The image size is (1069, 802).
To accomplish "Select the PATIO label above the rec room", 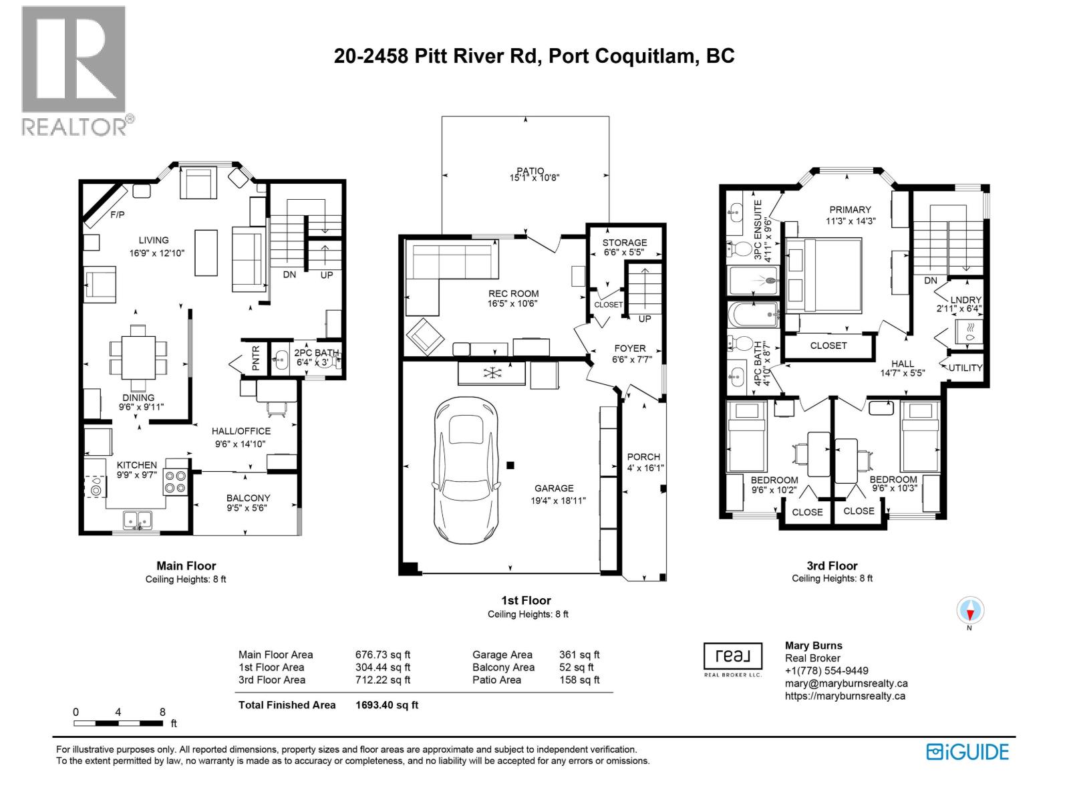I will (x=530, y=171).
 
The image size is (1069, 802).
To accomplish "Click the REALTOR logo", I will (x=73, y=70).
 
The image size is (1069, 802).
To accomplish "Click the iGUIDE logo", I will (x=967, y=752).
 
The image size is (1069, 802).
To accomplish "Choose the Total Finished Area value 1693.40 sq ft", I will (x=387, y=705).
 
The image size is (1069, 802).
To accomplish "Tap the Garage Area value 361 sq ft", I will (x=579, y=655).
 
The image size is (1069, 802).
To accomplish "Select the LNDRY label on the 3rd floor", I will (x=967, y=300).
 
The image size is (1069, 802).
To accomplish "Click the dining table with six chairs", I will (x=139, y=357).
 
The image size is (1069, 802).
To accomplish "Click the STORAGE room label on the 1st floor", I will (x=625, y=243).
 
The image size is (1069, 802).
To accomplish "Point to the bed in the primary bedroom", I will (x=823, y=275).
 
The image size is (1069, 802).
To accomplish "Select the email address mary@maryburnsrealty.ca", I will (x=846, y=684).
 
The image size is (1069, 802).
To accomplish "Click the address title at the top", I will (x=534, y=56).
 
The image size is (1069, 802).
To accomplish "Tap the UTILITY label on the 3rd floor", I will (x=965, y=368).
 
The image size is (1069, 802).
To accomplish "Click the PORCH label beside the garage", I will (x=643, y=457).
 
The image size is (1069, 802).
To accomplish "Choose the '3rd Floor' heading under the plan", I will (x=832, y=566).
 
